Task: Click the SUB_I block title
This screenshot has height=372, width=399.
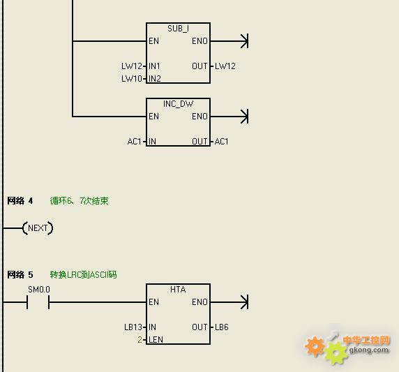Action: click(178, 29)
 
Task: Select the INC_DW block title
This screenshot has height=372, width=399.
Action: click(178, 104)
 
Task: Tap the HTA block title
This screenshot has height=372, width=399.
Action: click(178, 290)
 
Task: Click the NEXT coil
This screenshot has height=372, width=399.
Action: click(38, 228)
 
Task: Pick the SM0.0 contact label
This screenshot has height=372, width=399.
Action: click(39, 290)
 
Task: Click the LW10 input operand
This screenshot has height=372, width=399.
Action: click(132, 79)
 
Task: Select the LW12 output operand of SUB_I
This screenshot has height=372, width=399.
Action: click(225, 66)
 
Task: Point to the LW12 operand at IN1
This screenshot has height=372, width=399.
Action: click(132, 66)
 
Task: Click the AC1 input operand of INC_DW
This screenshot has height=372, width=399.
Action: click(134, 142)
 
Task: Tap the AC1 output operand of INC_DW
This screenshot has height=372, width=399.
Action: click(221, 142)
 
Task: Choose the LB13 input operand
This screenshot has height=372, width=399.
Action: click(133, 327)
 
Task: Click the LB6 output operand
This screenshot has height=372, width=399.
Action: click(222, 327)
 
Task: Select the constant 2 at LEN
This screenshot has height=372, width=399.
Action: click(140, 340)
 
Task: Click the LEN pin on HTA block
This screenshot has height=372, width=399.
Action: click(156, 340)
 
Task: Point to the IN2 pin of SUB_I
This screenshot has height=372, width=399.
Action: click(155, 79)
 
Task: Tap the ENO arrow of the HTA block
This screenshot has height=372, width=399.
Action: click(229, 302)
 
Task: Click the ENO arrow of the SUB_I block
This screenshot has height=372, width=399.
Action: click(229, 41)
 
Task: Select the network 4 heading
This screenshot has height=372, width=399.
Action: click(20, 201)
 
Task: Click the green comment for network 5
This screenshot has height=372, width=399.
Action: click(83, 275)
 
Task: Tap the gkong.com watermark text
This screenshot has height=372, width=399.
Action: click(369, 350)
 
